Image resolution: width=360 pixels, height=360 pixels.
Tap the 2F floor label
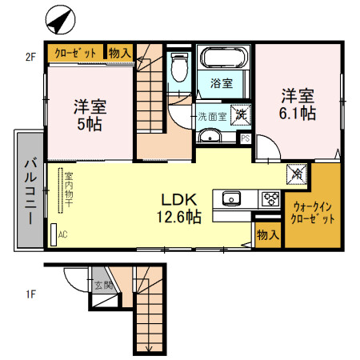coord(30,56)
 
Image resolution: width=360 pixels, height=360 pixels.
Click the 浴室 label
coord(221,83)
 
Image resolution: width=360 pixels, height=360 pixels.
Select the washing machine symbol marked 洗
coord(239,114)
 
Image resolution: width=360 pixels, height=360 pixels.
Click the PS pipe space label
coord(245,138)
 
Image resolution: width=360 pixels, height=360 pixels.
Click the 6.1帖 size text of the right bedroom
coord(297,113)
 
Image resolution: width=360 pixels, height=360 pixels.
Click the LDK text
coord(180,199)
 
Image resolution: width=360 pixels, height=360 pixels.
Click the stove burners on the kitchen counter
coord(269,199)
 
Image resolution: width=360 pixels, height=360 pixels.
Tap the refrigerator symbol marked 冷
coord(297,171)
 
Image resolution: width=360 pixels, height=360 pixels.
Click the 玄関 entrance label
coord(102,284)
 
